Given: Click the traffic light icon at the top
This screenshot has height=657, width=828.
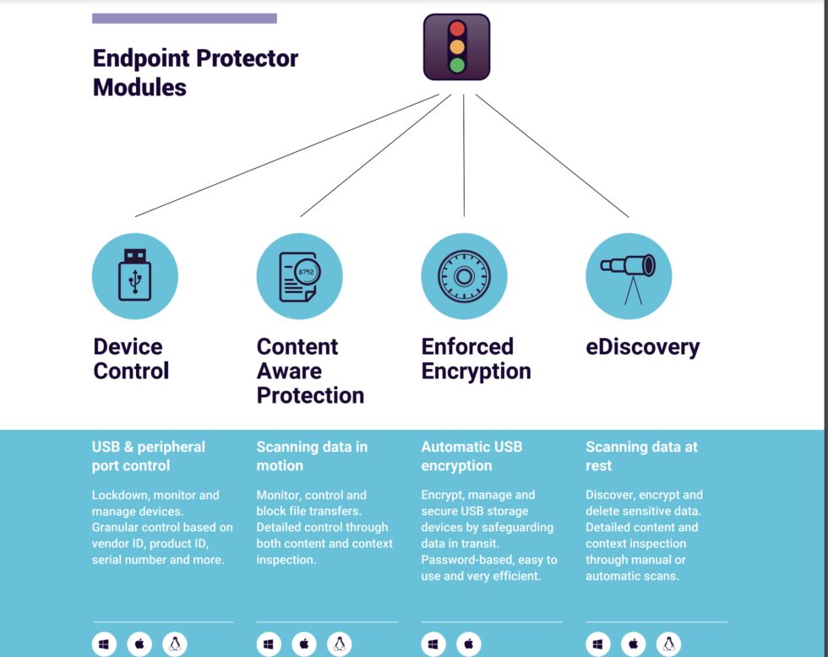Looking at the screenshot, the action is click(x=457, y=47).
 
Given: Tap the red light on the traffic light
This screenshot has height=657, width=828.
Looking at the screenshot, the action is click(x=457, y=29).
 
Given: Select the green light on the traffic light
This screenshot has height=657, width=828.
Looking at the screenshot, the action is click(x=457, y=65).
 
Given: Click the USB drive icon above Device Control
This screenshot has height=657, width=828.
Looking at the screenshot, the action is click(x=135, y=275).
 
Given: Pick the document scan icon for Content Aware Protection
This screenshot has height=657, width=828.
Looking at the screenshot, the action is click(x=300, y=276).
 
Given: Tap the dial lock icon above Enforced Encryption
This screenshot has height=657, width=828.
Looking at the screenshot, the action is click(x=464, y=276).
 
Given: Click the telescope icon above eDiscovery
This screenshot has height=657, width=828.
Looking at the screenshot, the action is click(x=629, y=279).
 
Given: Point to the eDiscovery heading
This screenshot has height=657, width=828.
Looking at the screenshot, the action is click(x=643, y=347).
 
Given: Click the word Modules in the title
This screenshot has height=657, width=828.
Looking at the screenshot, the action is click(x=139, y=88).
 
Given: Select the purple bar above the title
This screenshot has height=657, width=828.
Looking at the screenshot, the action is click(x=184, y=19).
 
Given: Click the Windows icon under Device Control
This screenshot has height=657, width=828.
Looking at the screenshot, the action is click(x=104, y=644).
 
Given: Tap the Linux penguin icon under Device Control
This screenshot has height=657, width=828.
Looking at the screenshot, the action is click(x=175, y=644).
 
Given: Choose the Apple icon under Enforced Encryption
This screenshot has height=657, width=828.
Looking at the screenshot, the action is click(x=469, y=644).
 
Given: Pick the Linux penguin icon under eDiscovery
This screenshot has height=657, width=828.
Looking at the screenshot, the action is click(x=668, y=644).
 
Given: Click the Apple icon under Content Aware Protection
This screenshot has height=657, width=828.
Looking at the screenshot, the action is click(x=304, y=644).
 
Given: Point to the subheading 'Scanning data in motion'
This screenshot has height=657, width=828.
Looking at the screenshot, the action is click(x=312, y=457).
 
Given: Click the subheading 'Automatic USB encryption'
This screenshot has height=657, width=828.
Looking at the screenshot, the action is click(x=471, y=457).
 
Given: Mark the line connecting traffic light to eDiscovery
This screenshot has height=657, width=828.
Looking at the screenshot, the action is click(x=553, y=155).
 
